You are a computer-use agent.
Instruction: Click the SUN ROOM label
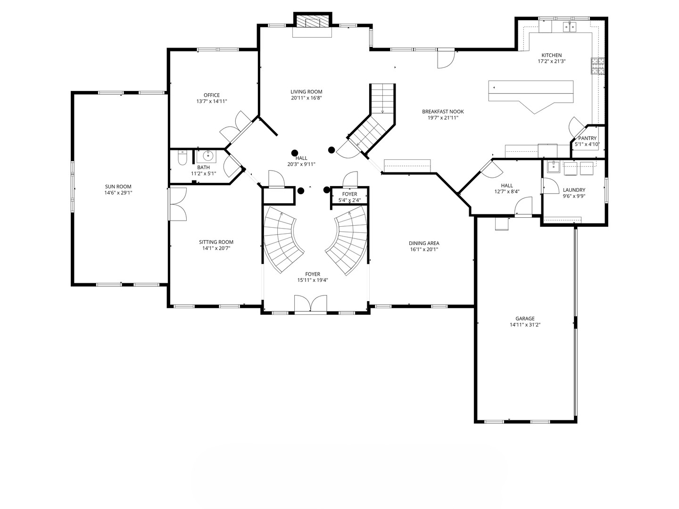pos(118,187)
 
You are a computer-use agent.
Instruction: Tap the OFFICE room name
pos(212,95)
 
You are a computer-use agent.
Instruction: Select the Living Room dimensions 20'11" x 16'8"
pos(306,98)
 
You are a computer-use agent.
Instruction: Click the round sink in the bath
pos(208,156)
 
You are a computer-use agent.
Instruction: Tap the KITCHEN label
pos(552,55)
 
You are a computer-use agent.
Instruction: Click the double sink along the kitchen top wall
pos(569,27)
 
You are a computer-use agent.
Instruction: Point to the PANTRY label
pos(587,138)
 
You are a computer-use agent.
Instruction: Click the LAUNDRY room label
pos(574,190)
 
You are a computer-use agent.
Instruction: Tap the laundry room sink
pos(553,167)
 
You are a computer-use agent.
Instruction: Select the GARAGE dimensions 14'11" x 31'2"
pos(525,325)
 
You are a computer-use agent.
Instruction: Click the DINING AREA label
pos(424,243)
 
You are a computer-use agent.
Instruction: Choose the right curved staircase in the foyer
pos(347,240)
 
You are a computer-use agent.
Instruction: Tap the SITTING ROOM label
pos(216,242)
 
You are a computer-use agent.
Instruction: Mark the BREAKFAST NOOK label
pos(443,112)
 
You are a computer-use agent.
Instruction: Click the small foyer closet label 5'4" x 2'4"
pos(349,200)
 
